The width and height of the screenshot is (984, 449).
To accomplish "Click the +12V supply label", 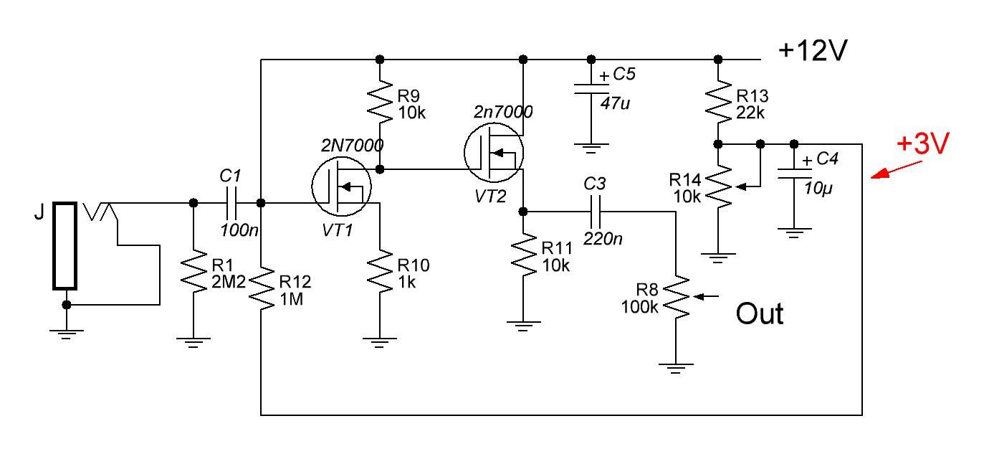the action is coord(813,50).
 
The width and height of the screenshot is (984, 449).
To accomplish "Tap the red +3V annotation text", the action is coord(923,143).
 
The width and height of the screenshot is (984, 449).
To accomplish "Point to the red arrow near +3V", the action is coord(896,170).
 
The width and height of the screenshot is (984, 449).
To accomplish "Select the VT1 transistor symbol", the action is coord(341,186).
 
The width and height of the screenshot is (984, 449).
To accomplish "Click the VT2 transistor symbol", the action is coord(494,152).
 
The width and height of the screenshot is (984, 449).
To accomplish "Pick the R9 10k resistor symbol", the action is coord(380,102).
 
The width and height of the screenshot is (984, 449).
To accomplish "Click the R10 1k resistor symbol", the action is coord(380,271).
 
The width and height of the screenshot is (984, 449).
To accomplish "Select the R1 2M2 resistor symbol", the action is coord(194,271).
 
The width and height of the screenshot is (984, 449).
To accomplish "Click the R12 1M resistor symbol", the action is coord(261,288).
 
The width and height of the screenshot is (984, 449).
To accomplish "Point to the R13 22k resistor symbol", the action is coord(718,102).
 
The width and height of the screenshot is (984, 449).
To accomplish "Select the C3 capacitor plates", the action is coord(596,212).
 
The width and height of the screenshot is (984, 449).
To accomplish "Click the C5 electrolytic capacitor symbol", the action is coord(591,89).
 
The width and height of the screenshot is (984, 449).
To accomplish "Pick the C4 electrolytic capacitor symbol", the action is coord(794,174).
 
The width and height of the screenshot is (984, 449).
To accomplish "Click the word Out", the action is coord(760,314).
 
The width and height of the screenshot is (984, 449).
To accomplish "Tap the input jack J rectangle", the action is coord(65,246).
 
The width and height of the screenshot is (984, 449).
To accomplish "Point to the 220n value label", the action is coord(603,239).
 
